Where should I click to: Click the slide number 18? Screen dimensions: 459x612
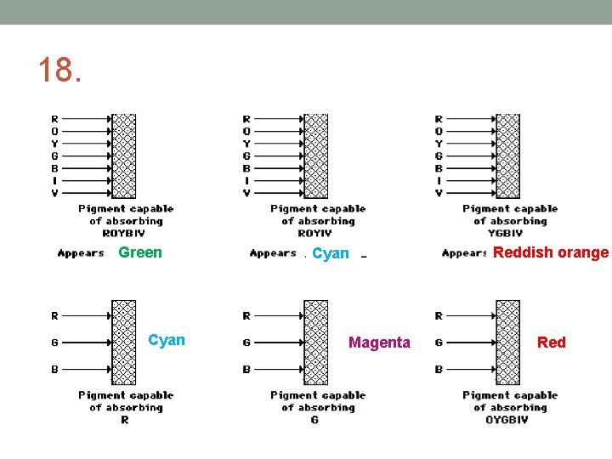pyautogui.click(x=59, y=71)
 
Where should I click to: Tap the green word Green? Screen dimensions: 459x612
pyautogui.click(x=140, y=252)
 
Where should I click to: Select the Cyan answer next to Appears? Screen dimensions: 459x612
pyautogui.click(x=331, y=253)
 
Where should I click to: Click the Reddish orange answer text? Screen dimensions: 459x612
pyautogui.click(x=551, y=252)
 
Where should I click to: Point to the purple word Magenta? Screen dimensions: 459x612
pyautogui.click(x=379, y=343)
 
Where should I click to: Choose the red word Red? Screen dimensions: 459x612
pyautogui.click(x=551, y=343)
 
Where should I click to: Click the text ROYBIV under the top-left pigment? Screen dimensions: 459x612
pyautogui.click(x=125, y=233)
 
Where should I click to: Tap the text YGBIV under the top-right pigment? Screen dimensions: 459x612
pyautogui.click(x=510, y=233)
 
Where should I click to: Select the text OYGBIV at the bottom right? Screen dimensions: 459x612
pyautogui.click(x=509, y=420)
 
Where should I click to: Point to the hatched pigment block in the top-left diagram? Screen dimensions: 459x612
pyautogui.click(x=124, y=156)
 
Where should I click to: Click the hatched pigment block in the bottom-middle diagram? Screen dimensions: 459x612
pyautogui.click(x=315, y=343)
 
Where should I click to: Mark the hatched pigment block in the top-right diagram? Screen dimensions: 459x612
pyautogui.click(x=508, y=156)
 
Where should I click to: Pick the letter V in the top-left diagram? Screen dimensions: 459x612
pyautogui.click(x=55, y=193)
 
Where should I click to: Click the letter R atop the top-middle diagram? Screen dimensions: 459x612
pyautogui.click(x=246, y=120)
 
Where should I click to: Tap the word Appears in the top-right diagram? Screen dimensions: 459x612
pyautogui.click(x=464, y=253)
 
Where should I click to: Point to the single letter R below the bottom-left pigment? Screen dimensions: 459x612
pyautogui.click(x=125, y=420)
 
